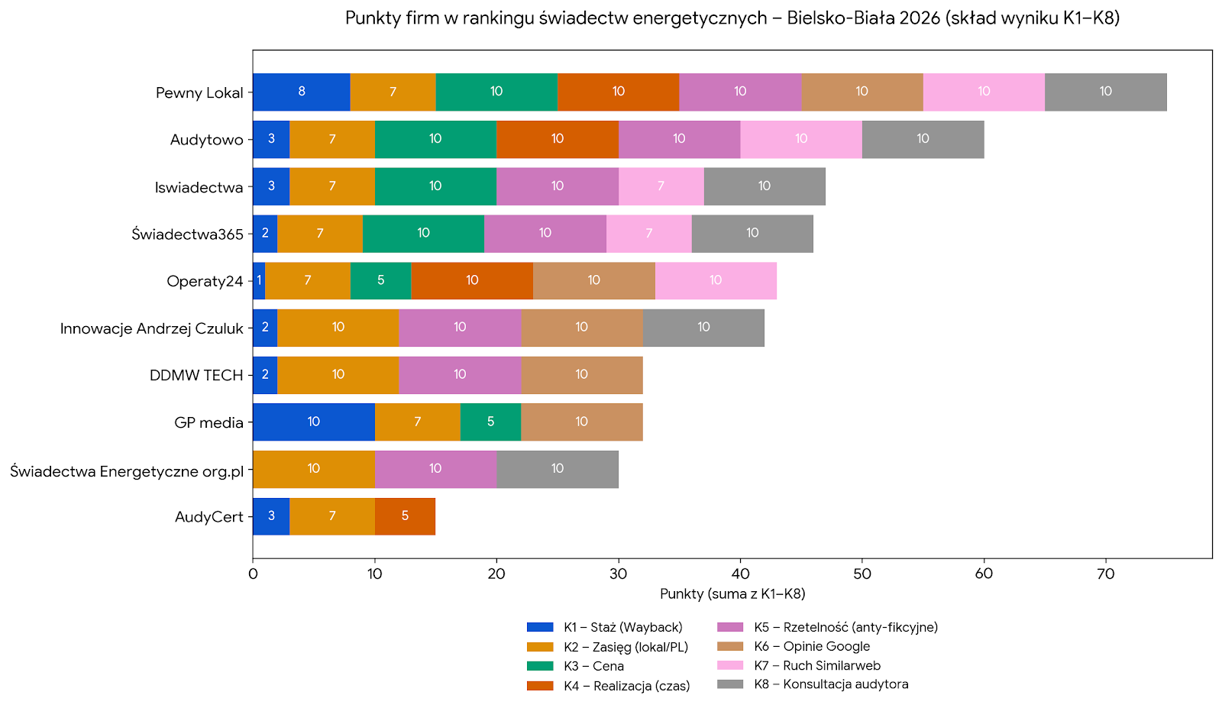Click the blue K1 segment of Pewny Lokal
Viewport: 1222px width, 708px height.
click(x=301, y=92)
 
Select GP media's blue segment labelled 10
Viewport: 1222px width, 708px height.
click(x=313, y=422)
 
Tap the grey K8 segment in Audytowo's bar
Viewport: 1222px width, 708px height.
click(x=923, y=139)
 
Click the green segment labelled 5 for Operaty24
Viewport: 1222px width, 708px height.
click(x=380, y=280)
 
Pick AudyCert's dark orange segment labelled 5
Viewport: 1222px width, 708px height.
click(x=405, y=516)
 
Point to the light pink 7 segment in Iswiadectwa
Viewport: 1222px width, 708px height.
click(x=661, y=186)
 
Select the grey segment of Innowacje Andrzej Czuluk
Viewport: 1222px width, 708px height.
click(x=703, y=328)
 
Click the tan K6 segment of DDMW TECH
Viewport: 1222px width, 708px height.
click(x=581, y=375)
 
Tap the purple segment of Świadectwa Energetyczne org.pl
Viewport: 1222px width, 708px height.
click(x=435, y=469)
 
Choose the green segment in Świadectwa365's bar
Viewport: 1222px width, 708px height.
click(x=423, y=234)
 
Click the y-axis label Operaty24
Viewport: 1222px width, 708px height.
click(x=205, y=281)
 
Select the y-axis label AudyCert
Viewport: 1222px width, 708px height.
click(x=209, y=517)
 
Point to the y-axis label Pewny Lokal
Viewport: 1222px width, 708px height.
click(x=199, y=93)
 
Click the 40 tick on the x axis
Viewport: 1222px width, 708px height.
click(x=740, y=574)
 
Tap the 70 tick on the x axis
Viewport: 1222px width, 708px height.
click(x=1105, y=574)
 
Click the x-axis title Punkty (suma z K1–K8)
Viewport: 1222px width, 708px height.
click(x=732, y=594)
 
